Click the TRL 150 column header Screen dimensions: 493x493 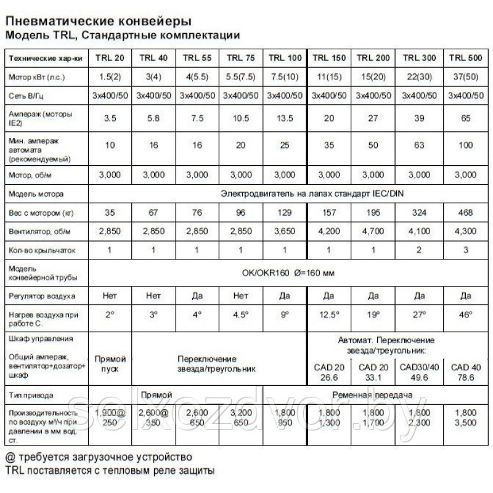[x=329, y=59]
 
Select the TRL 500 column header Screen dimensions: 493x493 [x=465, y=59]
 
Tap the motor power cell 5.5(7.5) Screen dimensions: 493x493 [x=242, y=78]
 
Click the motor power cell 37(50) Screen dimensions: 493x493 [x=465, y=78]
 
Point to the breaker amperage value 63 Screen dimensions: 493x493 [x=420, y=145]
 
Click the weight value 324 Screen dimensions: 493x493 [x=420, y=213]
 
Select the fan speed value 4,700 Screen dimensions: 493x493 [x=374, y=232]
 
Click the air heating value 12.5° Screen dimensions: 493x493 [x=329, y=315]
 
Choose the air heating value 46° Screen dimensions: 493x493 [x=465, y=315]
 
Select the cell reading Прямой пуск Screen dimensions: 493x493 [x=110, y=364]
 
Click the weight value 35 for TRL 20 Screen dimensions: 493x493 [x=110, y=213]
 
